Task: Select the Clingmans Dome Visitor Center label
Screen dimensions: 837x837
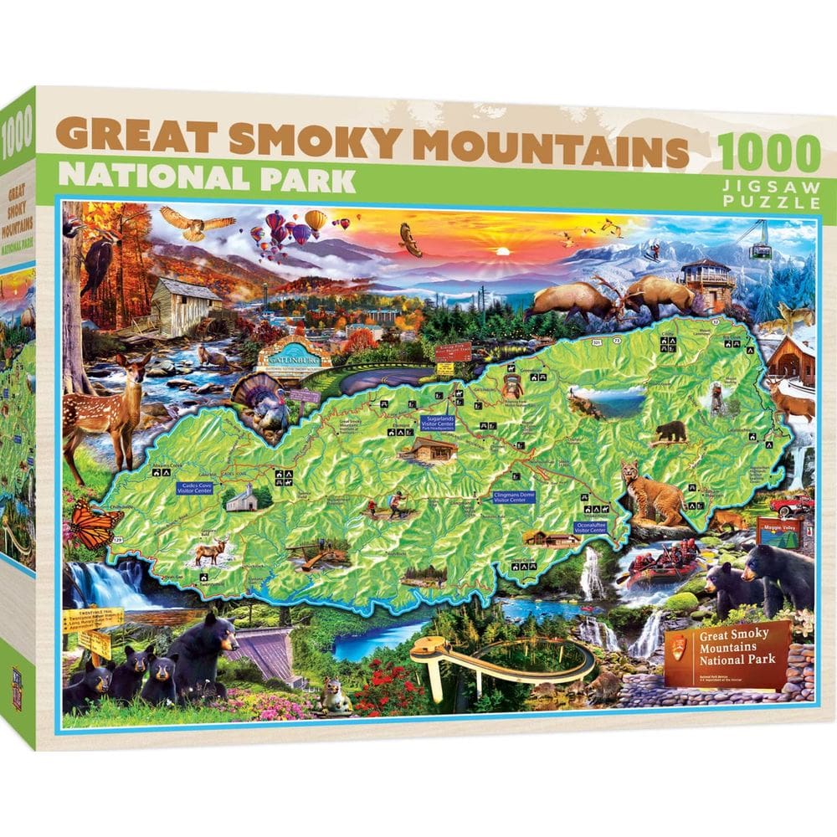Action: point(514,496)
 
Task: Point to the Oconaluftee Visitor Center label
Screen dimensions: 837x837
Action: point(590,527)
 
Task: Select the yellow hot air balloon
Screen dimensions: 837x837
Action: point(316,221)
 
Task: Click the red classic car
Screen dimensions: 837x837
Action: point(792,505)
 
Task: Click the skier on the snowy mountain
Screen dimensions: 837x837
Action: point(657,248)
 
